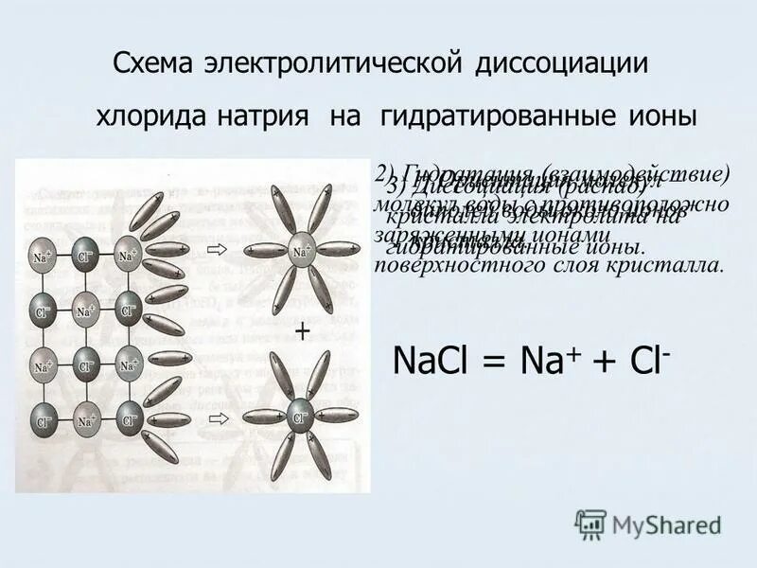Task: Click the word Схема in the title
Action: [x=152, y=64]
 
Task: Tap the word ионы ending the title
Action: [x=661, y=117]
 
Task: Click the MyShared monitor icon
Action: [x=590, y=523]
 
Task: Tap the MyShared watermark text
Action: [x=666, y=524]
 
